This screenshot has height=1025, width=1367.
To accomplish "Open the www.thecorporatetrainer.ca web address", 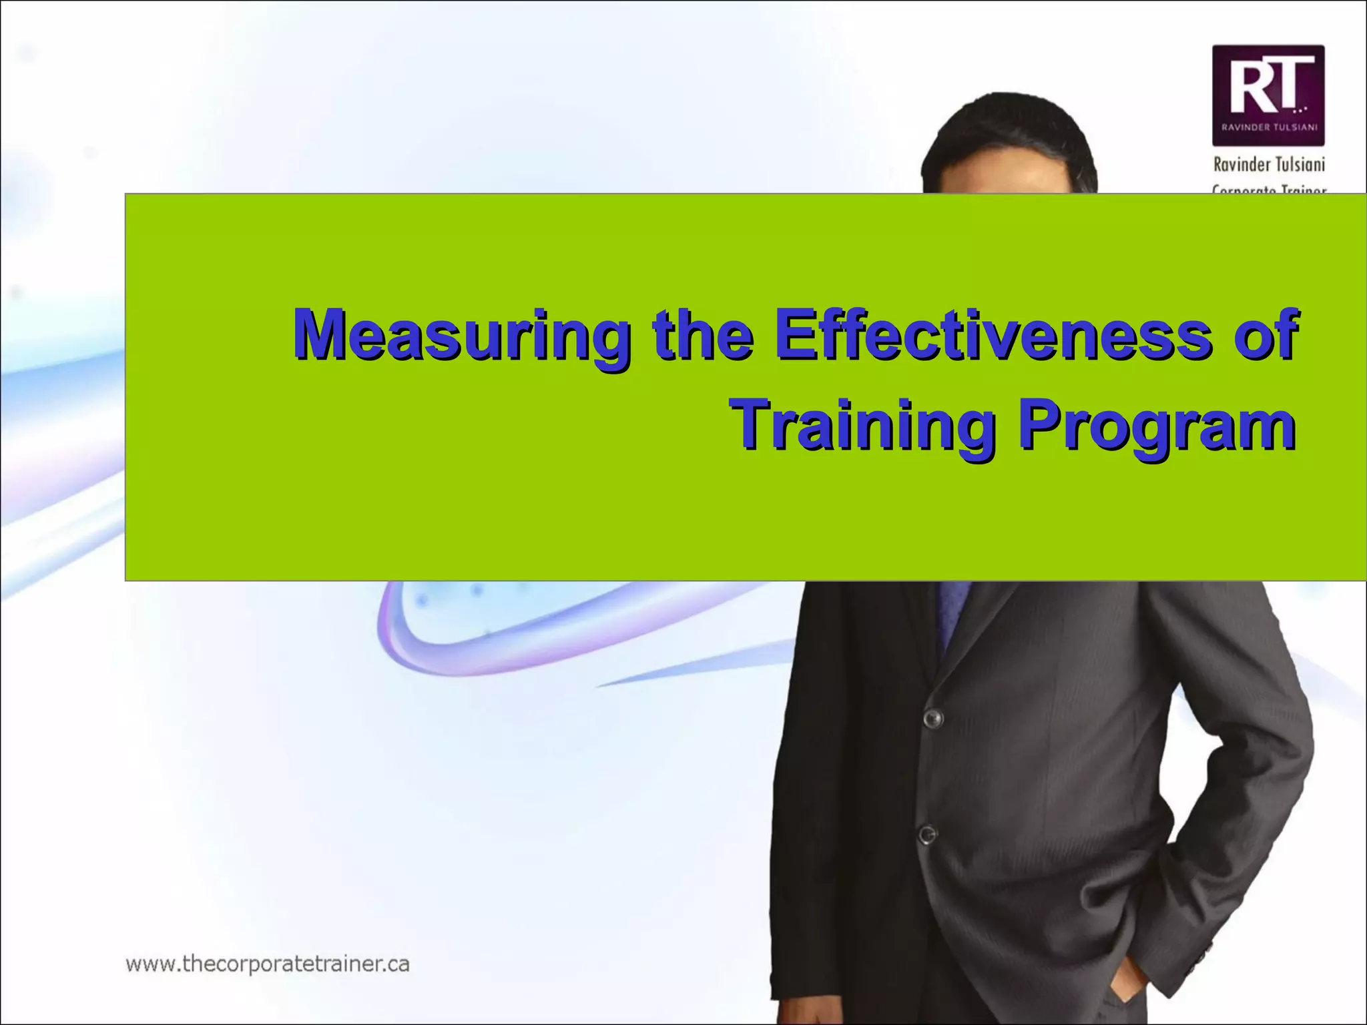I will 268,964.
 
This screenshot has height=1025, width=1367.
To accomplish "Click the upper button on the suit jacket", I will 932,718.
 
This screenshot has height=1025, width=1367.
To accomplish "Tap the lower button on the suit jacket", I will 927,834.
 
